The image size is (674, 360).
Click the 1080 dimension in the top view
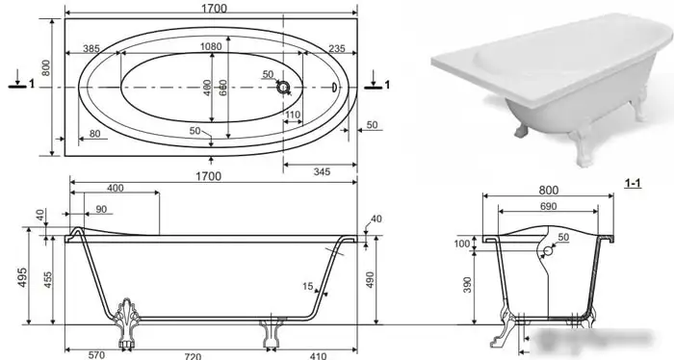click(x=211, y=46)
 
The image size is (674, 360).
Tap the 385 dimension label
click(x=91, y=48)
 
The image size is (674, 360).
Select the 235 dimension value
click(x=337, y=48)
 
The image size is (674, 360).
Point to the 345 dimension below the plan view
click(x=322, y=172)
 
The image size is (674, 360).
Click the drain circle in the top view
click(x=283, y=88)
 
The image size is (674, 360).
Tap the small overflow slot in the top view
click(x=334, y=88)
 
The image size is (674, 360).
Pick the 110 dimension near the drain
click(x=293, y=115)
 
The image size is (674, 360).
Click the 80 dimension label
click(x=94, y=134)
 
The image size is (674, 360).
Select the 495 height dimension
click(x=22, y=277)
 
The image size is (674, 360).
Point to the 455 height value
click(x=48, y=280)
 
